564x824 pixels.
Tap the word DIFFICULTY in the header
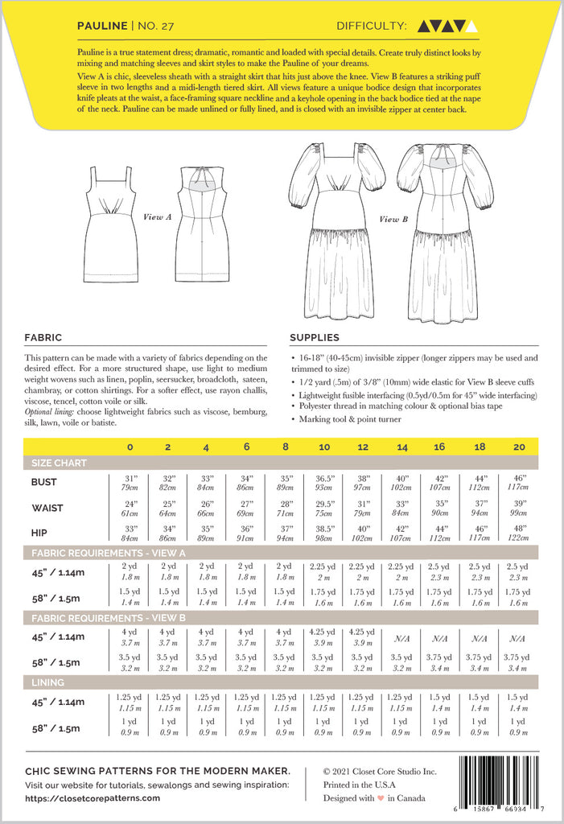372,26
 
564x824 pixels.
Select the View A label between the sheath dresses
157,216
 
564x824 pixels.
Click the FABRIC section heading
43,338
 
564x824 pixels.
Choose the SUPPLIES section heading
315,338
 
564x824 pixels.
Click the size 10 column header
324,446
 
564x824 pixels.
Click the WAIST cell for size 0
130,507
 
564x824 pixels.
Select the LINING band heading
47,682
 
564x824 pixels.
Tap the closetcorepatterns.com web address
93,798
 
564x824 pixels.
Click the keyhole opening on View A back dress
201,178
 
